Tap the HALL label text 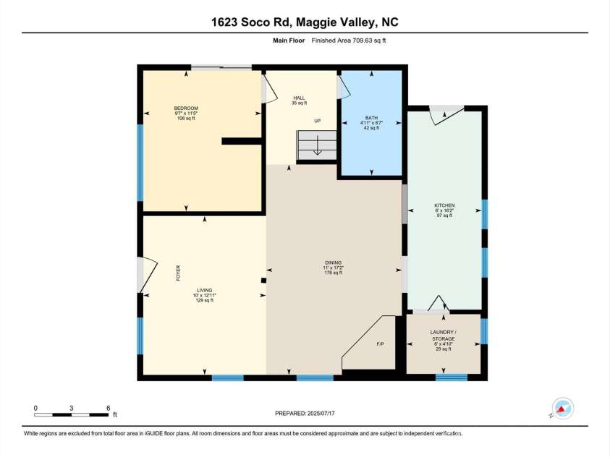tap(297, 98)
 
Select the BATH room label tap(371, 118)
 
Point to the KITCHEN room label tap(444, 205)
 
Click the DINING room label tap(332, 262)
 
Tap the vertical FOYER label tap(177, 273)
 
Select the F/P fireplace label tap(380, 344)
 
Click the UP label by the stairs tap(317, 121)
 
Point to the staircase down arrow tap(317, 150)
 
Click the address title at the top tap(305, 23)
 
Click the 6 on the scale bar tap(108, 408)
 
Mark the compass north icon tap(562, 409)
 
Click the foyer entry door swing tap(145, 276)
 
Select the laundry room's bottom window tap(452, 377)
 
